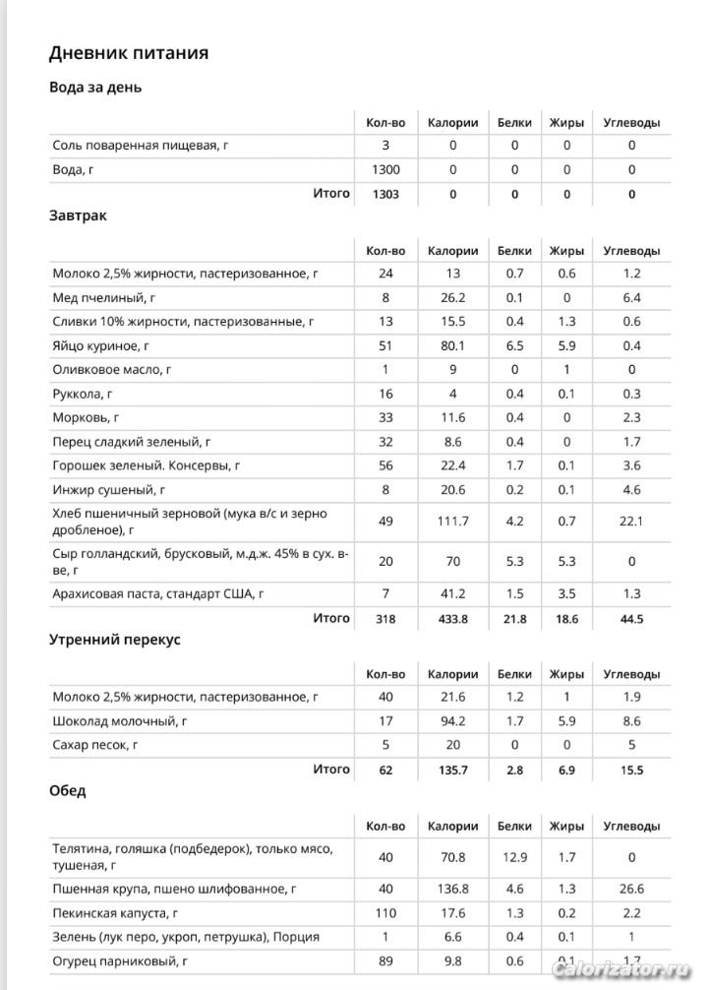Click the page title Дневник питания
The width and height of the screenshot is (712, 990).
(129, 52)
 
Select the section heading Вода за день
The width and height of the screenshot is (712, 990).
(95, 88)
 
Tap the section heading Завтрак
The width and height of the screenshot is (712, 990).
(78, 216)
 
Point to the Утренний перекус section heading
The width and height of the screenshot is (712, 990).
(115, 640)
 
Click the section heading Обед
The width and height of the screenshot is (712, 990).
(68, 790)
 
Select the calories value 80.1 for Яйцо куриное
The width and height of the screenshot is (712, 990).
(452, 345)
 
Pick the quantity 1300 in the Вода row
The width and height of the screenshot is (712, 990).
(386, 169)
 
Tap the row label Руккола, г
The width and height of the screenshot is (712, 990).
(90, 394)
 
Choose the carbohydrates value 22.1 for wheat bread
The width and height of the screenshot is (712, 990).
(631, 521)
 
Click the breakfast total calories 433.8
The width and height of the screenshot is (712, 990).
(452, 619)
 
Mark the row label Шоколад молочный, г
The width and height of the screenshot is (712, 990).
(119, 721)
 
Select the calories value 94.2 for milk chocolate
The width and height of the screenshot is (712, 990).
(452, 721)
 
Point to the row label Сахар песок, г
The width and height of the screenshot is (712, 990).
(95, 745)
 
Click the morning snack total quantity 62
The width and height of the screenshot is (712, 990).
(386, 770)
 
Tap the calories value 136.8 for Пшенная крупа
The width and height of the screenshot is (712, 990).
(452, 889)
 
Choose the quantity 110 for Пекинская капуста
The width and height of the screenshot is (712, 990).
(386, 913)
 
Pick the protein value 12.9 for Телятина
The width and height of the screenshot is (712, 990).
(514, 857)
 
